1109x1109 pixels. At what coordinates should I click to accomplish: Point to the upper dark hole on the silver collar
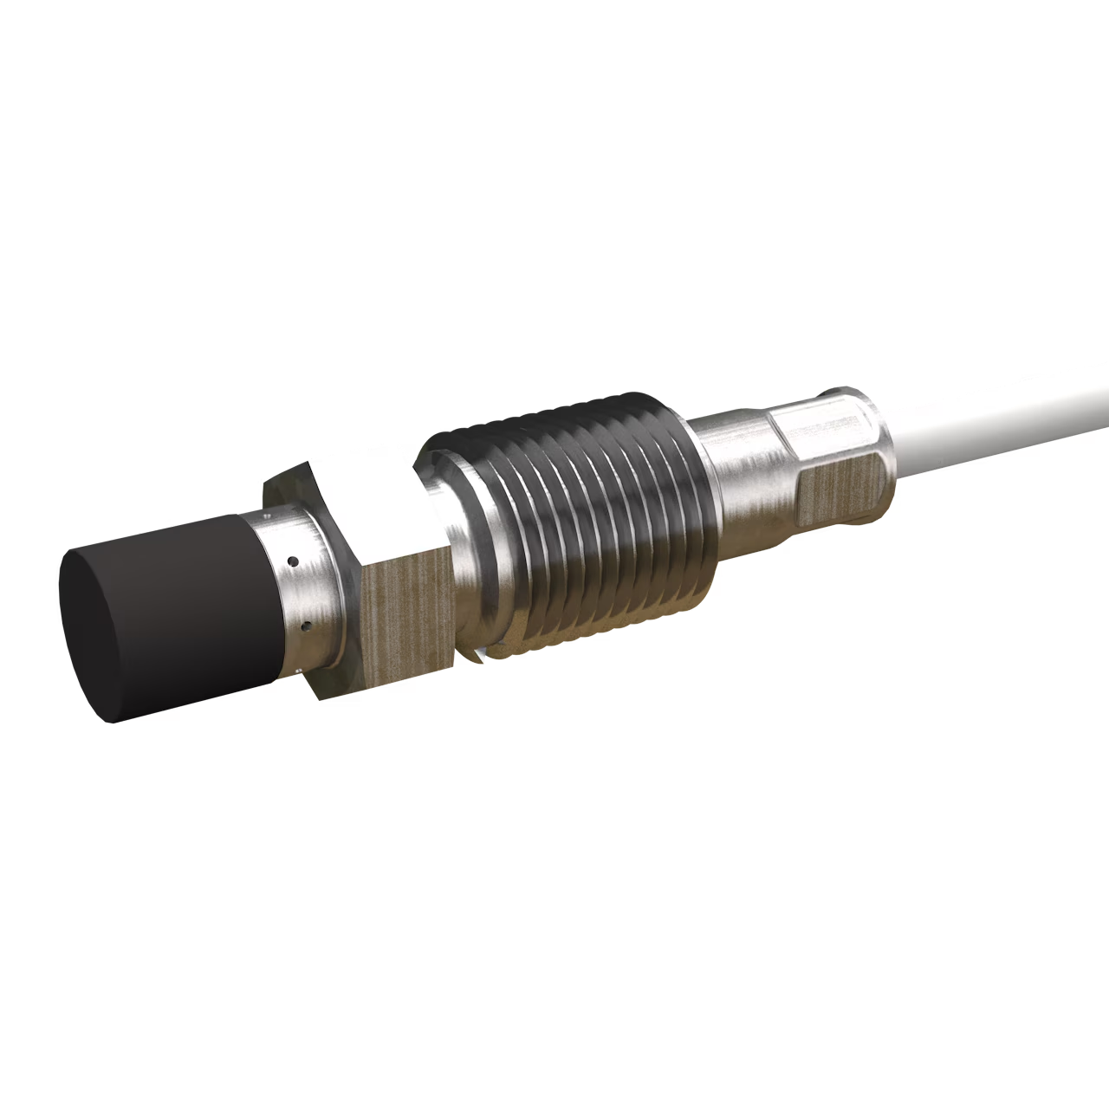point(293,561)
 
